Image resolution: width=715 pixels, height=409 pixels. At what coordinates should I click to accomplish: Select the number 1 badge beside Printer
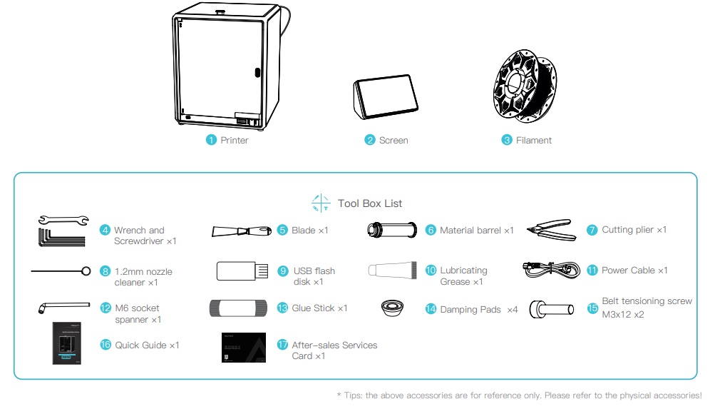pyautogui.click(x=211, y=140)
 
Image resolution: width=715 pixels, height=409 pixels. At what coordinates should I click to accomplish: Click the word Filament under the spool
pyautogui.click(x=533, y=140)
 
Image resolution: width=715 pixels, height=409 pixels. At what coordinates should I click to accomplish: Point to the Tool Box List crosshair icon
pyautogui.click(x=321, y=203)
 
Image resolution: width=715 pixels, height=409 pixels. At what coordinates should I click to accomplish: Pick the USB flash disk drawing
pyautogui.click(x=242, y=271)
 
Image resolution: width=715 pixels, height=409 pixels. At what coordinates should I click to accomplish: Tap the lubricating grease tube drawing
pyautogui.click(x=393, y=271)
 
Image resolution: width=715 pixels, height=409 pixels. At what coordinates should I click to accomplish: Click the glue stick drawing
pyautogui.click(x=242, y=308)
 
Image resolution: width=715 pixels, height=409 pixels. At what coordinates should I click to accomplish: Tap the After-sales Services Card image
pyautogui.click(x=243, y=348)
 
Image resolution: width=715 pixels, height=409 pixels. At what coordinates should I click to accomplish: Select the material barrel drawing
pyautogui.click(x=392, y=231)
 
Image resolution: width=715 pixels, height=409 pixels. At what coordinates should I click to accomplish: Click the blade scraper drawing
pyautogui.click(x=242, y=231)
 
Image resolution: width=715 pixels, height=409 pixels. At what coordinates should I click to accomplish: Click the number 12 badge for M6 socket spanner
pyautogui.click(x=106, y=308)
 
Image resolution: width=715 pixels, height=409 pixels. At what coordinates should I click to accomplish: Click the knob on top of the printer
pyautogui.click(x=220, y=11)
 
